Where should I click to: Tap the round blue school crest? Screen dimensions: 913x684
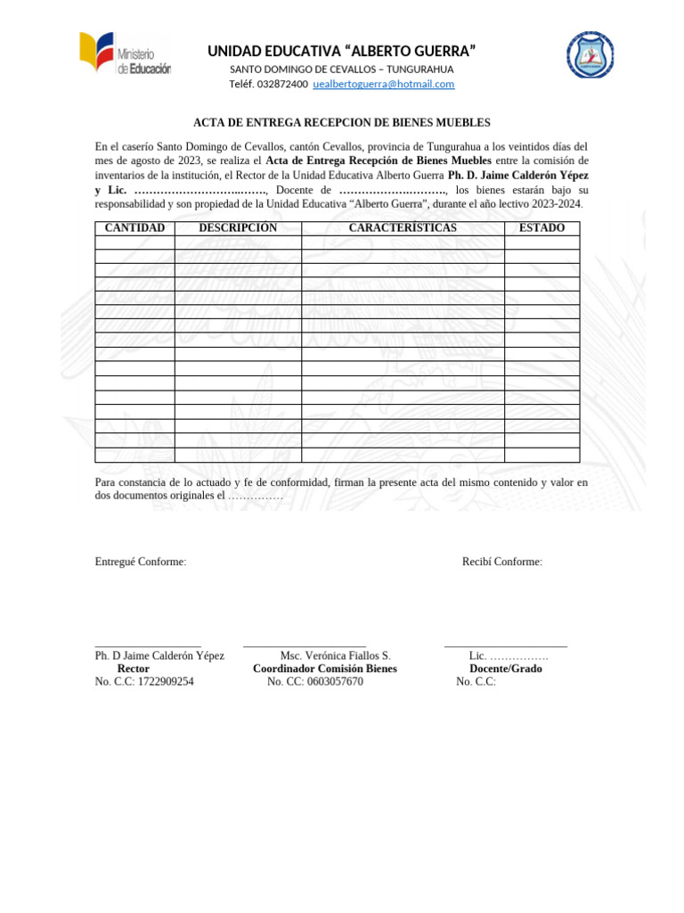(x=590, y=54)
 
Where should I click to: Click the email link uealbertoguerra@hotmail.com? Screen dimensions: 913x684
(x=384, y=84)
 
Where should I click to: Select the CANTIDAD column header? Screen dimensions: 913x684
(x=134, y=228)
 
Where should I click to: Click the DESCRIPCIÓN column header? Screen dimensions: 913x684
(x=238, y=228)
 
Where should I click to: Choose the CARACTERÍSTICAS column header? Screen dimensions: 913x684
(x=403, y=228)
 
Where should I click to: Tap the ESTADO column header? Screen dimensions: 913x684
(x=541, y=228)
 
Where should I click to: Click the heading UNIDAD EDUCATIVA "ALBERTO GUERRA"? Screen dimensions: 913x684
(x=341, y=51)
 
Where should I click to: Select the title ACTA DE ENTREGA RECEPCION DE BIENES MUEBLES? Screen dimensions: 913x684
(x=342, y=123)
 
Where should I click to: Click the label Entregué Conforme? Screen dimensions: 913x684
(x=141, y=562)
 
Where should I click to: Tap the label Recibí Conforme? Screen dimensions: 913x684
(x=502, y=562)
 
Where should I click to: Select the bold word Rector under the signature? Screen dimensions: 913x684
(x=134, y=669)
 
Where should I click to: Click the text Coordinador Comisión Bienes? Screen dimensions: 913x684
(x=325, y=669)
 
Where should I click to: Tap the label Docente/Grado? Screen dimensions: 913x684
(x=506, y=669)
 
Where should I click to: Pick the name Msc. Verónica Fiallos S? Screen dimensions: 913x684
(x=335, y=655)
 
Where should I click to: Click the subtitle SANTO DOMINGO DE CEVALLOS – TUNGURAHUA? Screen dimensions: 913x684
(x=342, y=70)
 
